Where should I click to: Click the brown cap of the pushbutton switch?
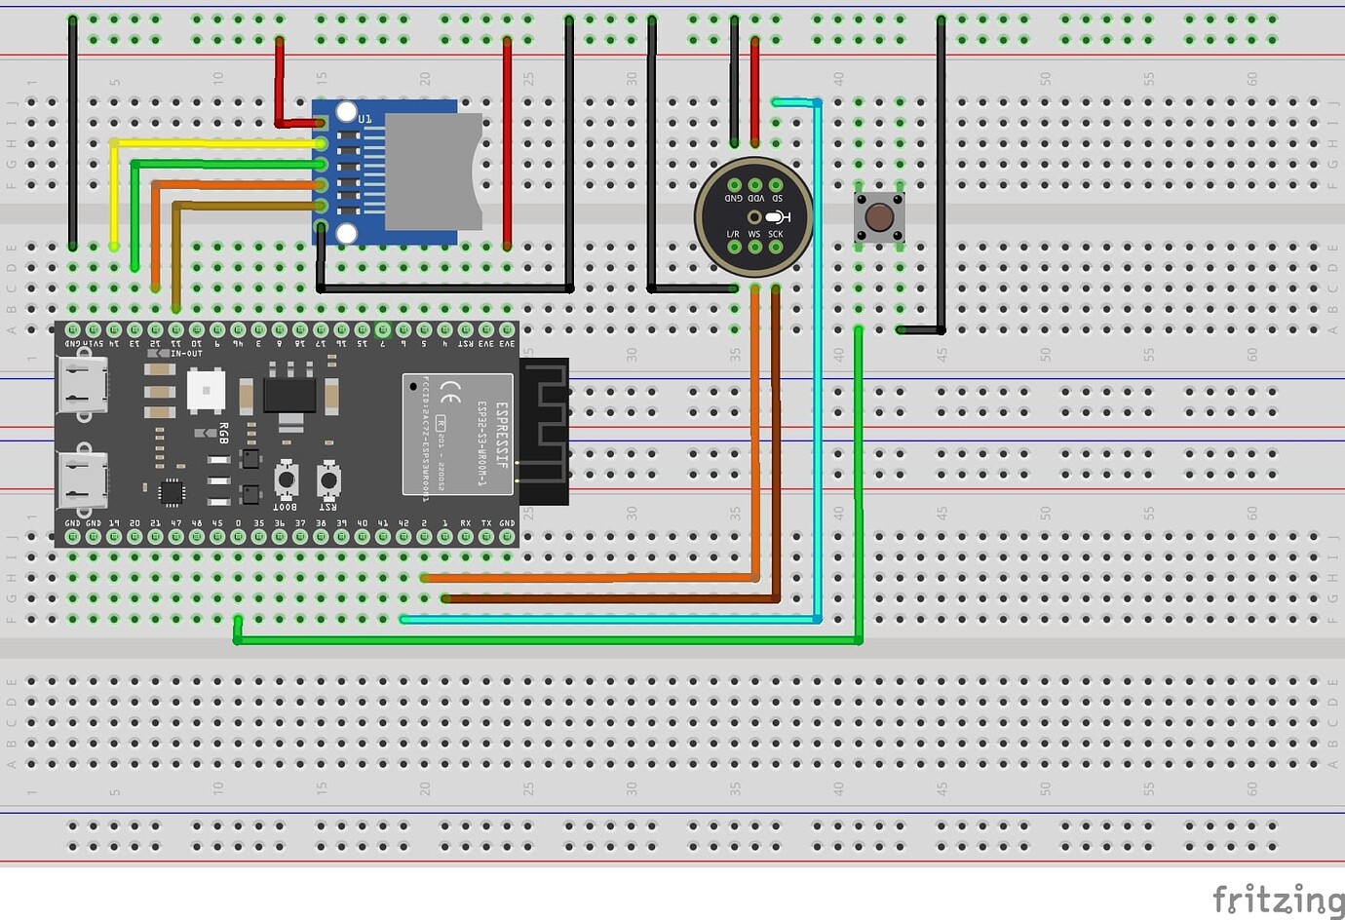pyautogui.click(x=879, y=216)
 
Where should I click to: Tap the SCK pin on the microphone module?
pyautogui.click(x=776, y=247)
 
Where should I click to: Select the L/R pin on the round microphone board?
pyautogui.click(x=734, y=247)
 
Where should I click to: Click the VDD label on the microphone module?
pyautogui.click(x=755, y=198)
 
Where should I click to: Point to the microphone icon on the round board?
pyautogui.click(x=777, y=216)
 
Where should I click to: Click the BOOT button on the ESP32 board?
pyautogui.click(x=286, y=479)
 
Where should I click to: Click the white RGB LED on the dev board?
pyautogui.click(x=206, y=391)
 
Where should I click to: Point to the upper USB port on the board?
pyautogui.click(x=82, y=386)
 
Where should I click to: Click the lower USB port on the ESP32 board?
pyautogui.click(x=82, y=480)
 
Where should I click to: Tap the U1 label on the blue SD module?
pyautogui.click(x=365, y=119)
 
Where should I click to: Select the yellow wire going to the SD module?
pyautogui.click(x=214, y=143)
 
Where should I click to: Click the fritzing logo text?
pyautogui.click(x=1277, y=898)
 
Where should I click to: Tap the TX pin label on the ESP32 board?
pyautogui.click(x=486, y=523)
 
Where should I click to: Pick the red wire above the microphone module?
pyautogui.click(x=754, y=93)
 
